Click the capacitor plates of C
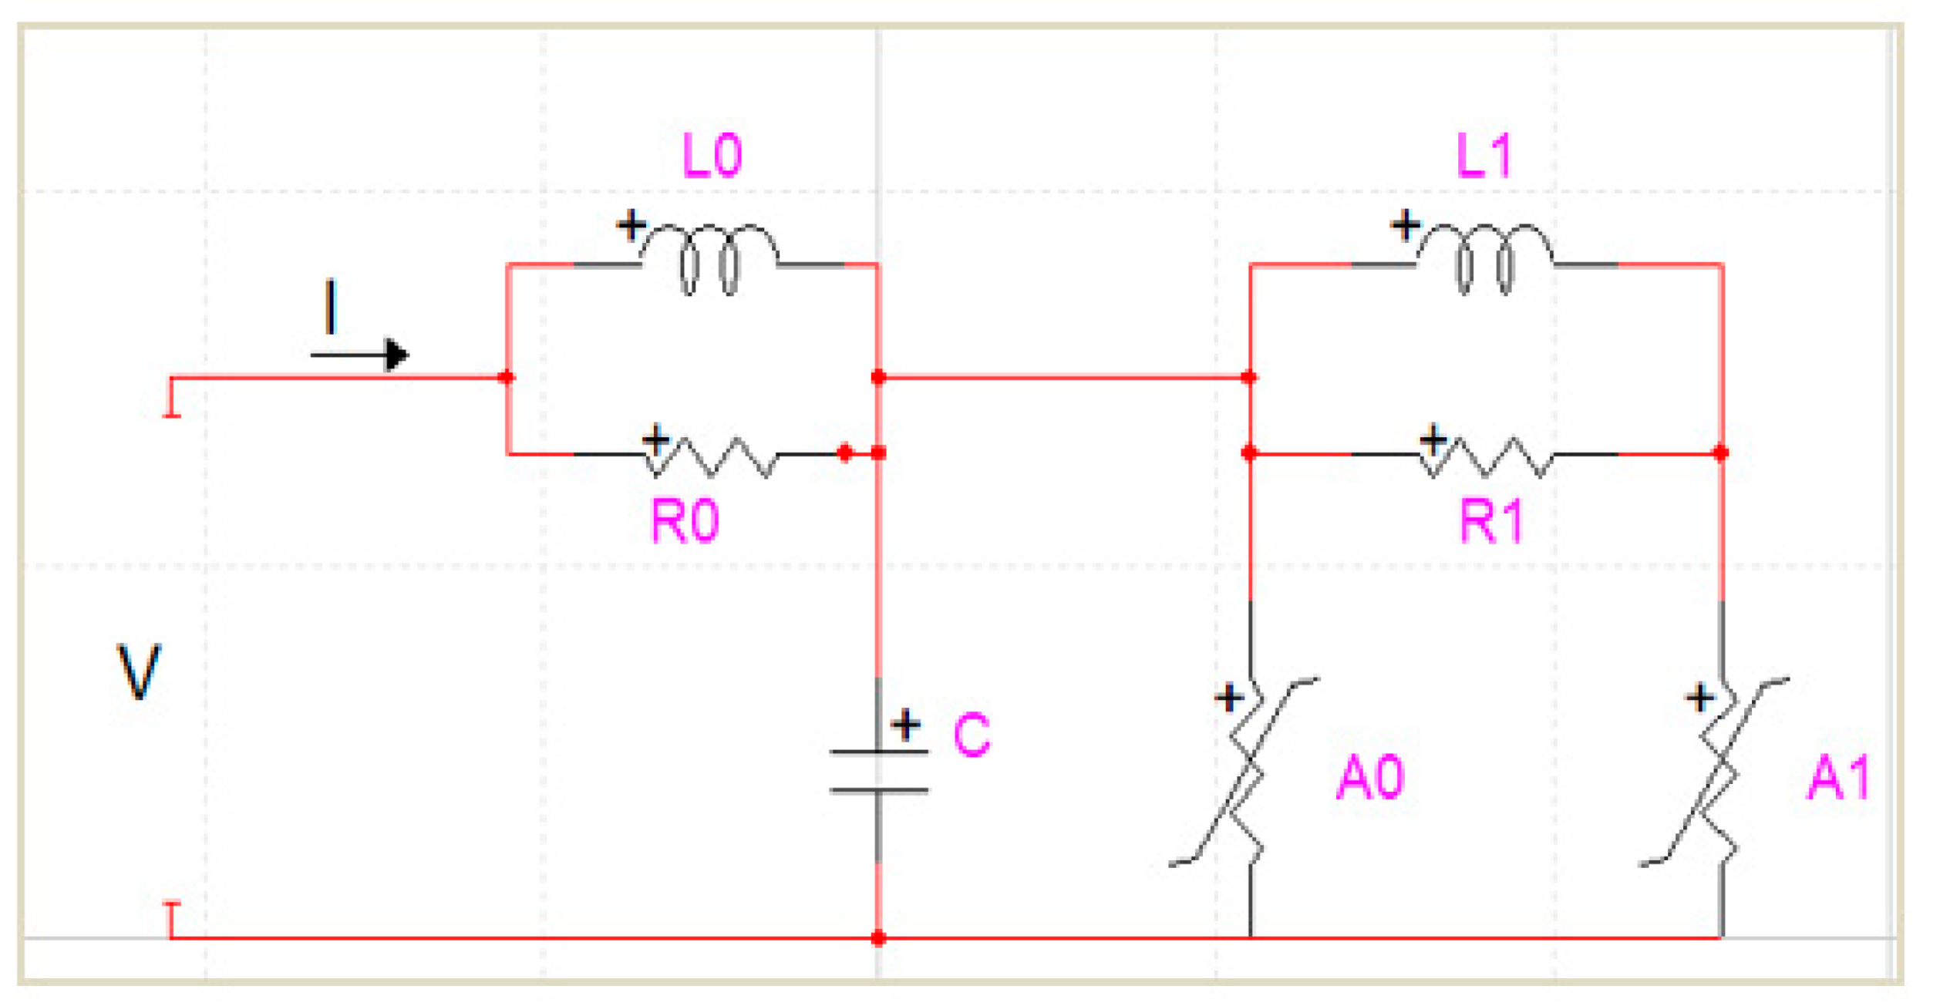[878, 771]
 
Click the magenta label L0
[712, 156]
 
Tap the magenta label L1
[1484, 156]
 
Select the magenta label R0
[685, 522]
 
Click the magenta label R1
[1491, 522]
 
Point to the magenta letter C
[972, 735]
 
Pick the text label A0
[1371, 778]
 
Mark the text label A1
[1838, 778]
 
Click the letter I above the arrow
[331, 307]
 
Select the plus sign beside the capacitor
[906, 725]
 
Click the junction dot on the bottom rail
[878, 938]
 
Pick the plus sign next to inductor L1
[1405, 226]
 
